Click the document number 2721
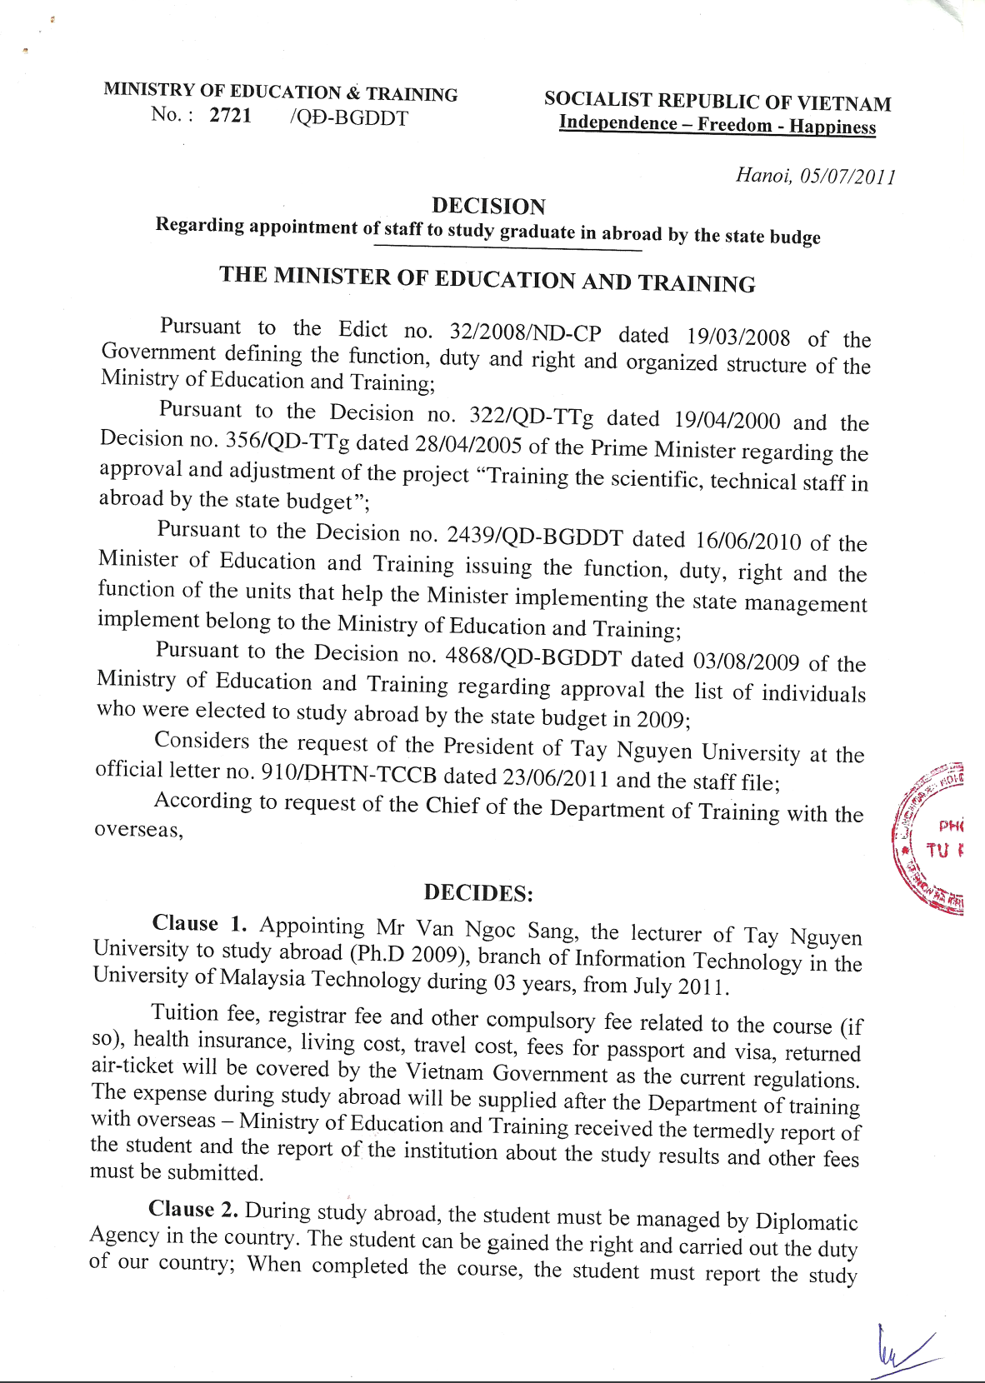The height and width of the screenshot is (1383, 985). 230,115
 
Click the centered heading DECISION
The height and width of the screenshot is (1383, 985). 488,206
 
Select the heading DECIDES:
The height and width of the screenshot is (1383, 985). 477,893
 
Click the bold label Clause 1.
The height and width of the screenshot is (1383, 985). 199,923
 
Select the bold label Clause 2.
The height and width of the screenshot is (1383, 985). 194,1209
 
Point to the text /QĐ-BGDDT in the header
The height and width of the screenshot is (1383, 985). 348,118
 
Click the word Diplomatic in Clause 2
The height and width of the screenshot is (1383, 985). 806,1222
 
